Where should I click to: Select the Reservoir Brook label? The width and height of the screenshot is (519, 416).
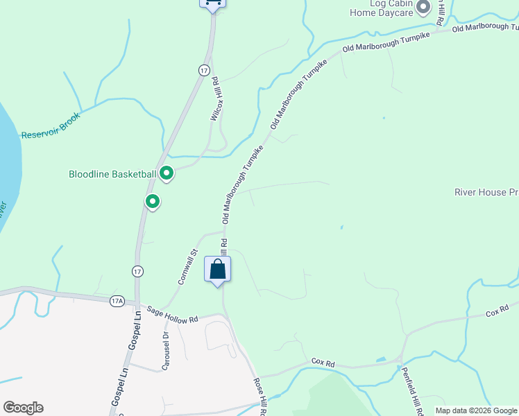[51, 125]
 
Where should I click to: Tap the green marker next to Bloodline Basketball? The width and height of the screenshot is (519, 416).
[167, 173]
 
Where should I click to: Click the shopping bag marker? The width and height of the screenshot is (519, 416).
[217, 269]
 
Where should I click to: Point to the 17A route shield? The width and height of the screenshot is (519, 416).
[117, 300]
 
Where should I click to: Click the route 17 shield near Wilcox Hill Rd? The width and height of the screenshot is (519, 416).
[203, 70]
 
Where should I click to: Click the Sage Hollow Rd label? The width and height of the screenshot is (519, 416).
[172, 315]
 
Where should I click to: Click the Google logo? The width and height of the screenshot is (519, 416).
[23, 408]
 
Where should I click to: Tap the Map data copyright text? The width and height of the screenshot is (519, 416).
[476, 410]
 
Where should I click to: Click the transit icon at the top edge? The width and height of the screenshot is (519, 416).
[212, 3]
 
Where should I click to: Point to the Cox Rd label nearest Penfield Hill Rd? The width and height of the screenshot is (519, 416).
[323, 362]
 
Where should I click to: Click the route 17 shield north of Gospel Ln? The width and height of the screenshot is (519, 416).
[137, 271]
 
